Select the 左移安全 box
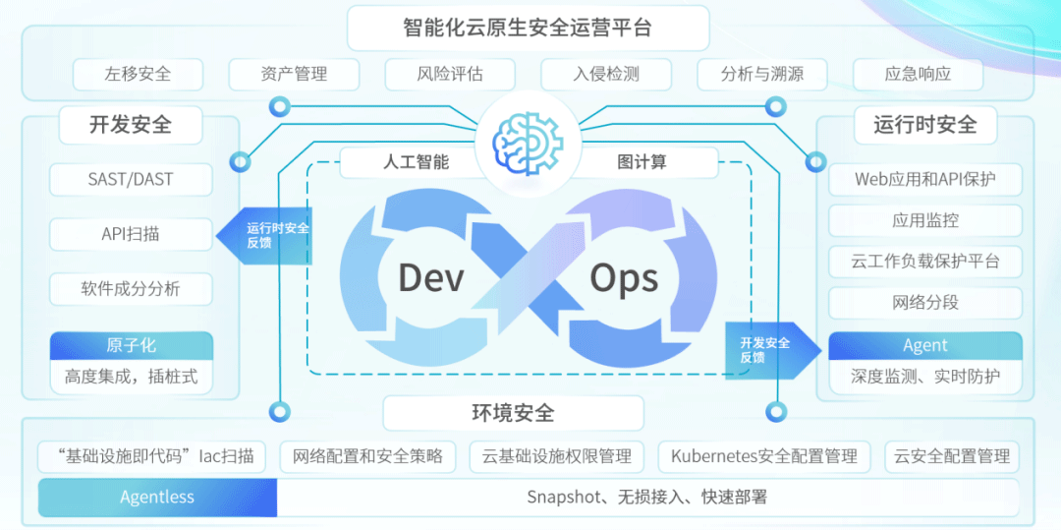click(138, 74)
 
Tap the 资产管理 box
click(294, 74)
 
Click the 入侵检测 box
click(606, 74)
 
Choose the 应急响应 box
click(918, 74)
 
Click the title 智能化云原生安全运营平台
click(528, 28)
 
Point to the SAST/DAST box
click(131, 180)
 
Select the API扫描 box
click(131, 234)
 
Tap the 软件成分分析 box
click(131, 289)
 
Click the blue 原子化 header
click(131, 345)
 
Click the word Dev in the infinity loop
click(430, 278)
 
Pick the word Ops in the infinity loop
click(624, 278)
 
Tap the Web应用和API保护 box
click(924, 180)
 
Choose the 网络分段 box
click(924, 303)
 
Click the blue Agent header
click(924, 345)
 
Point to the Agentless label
click(157, 498)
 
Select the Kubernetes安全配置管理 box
click(764, 456)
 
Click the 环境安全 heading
click(513, 413)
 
